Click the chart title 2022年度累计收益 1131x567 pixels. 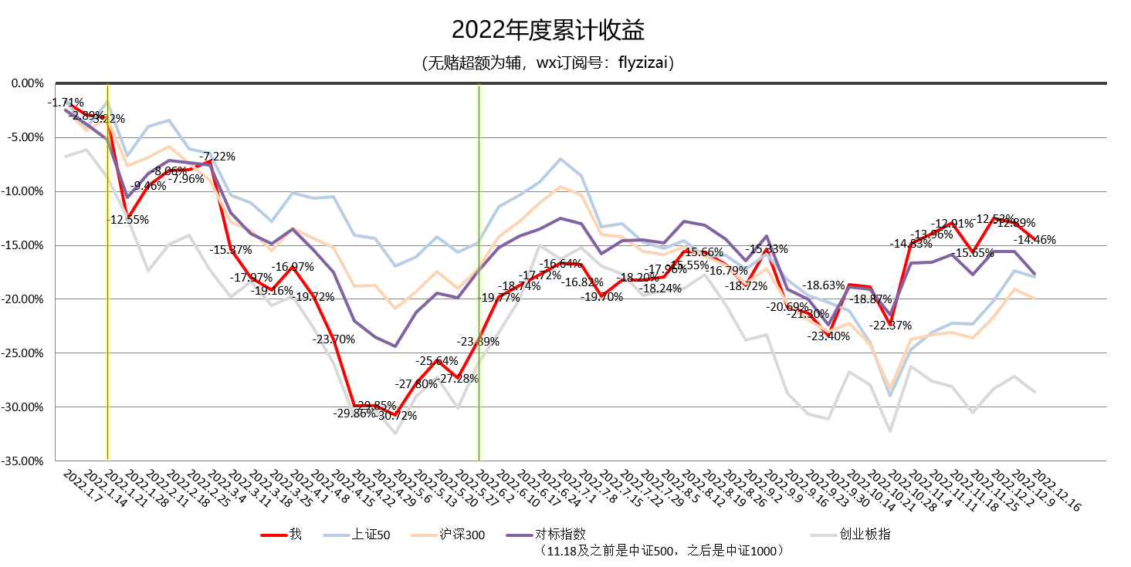[548, 30]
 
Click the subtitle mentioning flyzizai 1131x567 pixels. [549, 62]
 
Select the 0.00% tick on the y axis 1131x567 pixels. [29, 83]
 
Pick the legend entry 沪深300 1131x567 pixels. [462, 535]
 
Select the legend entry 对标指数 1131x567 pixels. [560, 535]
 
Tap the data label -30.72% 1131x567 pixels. [398, 415]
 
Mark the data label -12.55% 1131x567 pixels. [128, 220]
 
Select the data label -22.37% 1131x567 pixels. [891, 325]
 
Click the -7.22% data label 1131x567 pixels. [218, 157]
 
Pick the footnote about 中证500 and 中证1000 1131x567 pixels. [665, 551]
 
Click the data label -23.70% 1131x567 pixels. [334, 339]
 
